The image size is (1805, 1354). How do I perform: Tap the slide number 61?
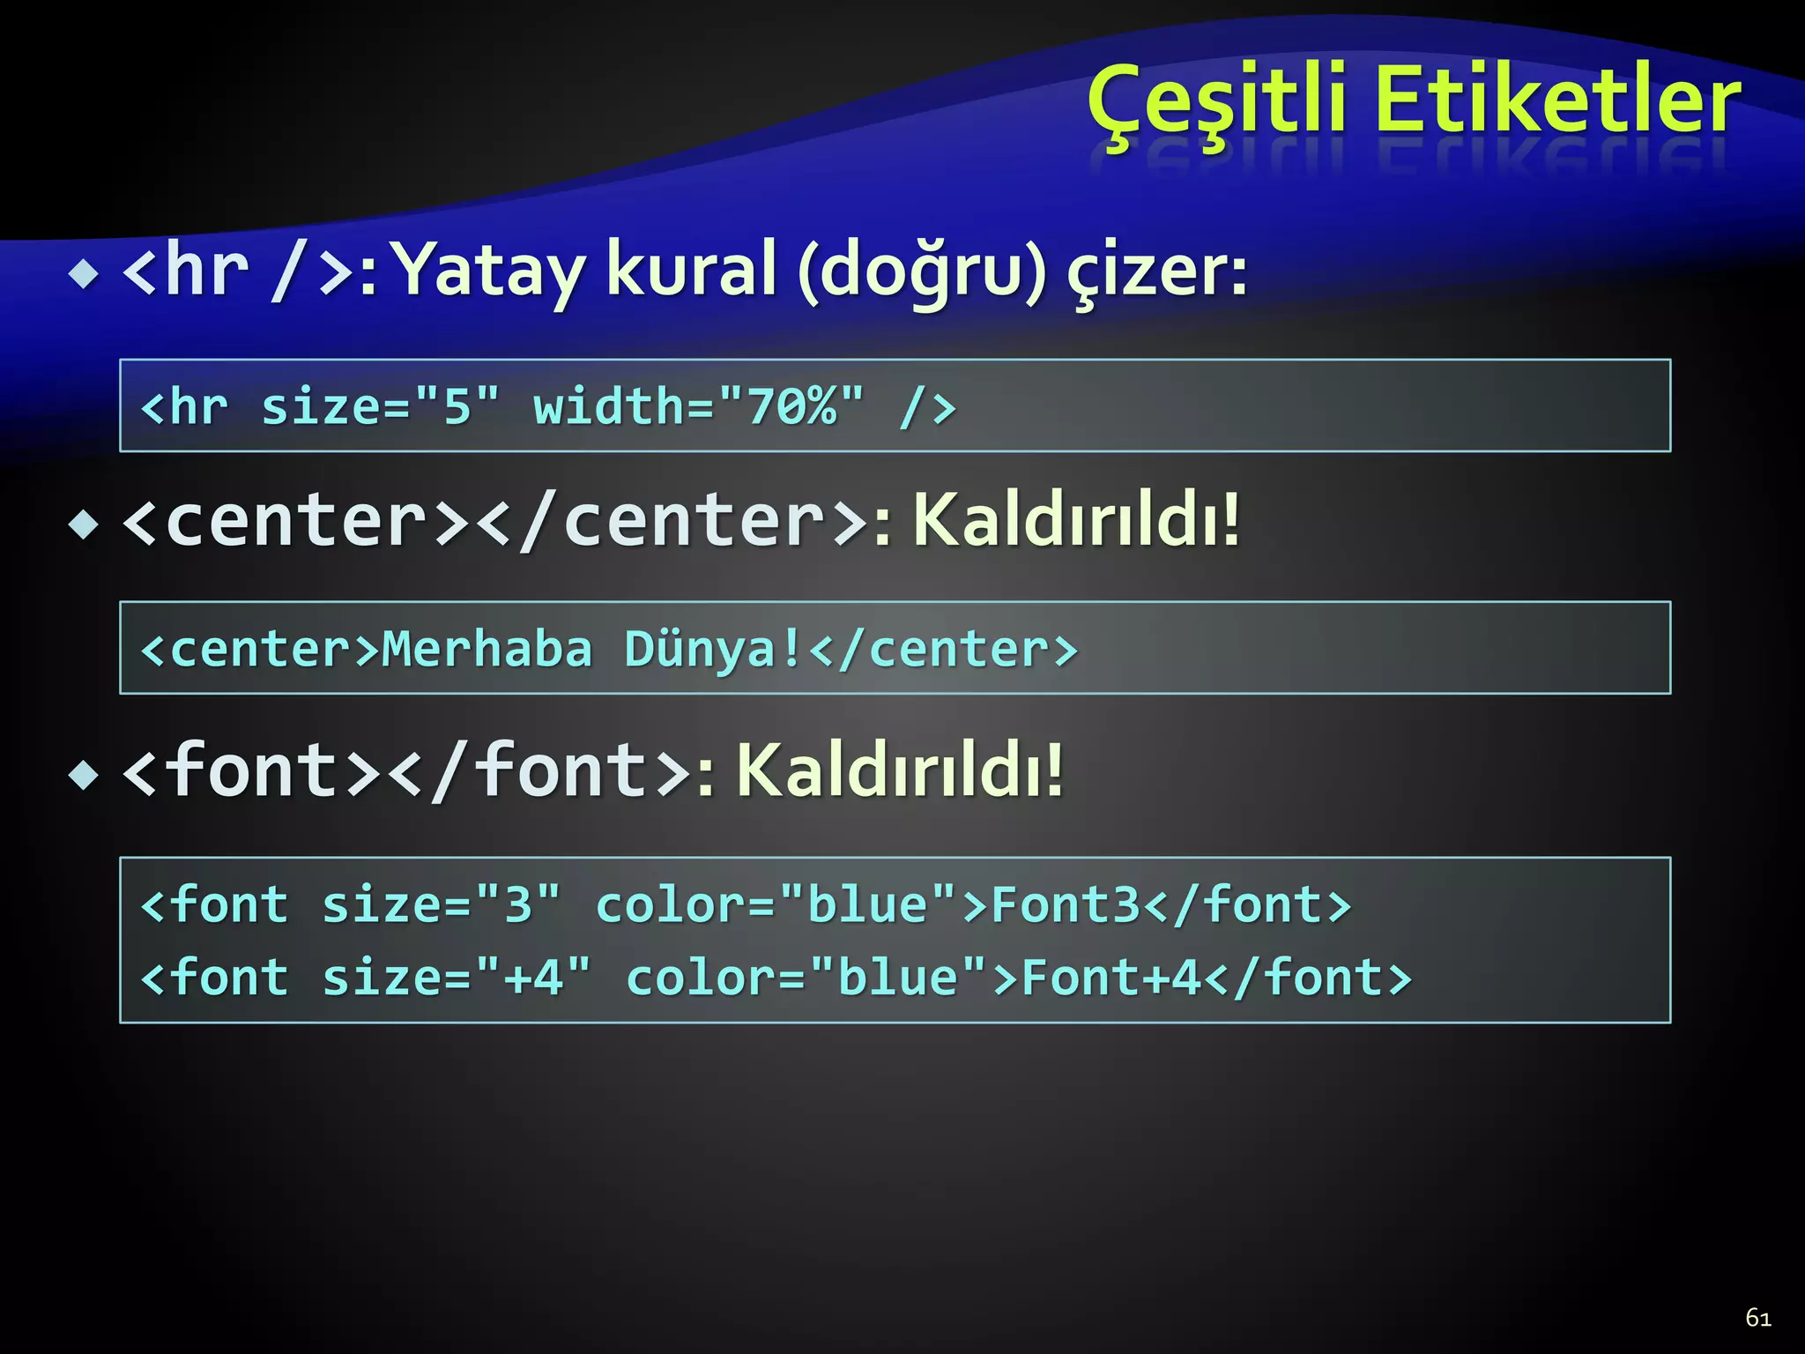coord(1758,1318)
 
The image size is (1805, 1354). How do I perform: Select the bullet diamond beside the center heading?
coord(85,525)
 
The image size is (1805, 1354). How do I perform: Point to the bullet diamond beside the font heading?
coord(85,776)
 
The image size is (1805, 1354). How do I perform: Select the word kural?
coord(692,270)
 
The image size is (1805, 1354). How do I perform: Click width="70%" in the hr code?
coord(699,407)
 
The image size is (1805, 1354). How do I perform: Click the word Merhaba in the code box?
coord(487,650)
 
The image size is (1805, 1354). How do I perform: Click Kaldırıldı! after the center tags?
coord(1076,520)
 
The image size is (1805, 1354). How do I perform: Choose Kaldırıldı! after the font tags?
coord(900,770)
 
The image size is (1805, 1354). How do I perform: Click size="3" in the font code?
coord(441,905)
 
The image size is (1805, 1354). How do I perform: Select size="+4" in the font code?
coord(456,978)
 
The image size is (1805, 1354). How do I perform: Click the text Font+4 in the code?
coord(1112,978)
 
